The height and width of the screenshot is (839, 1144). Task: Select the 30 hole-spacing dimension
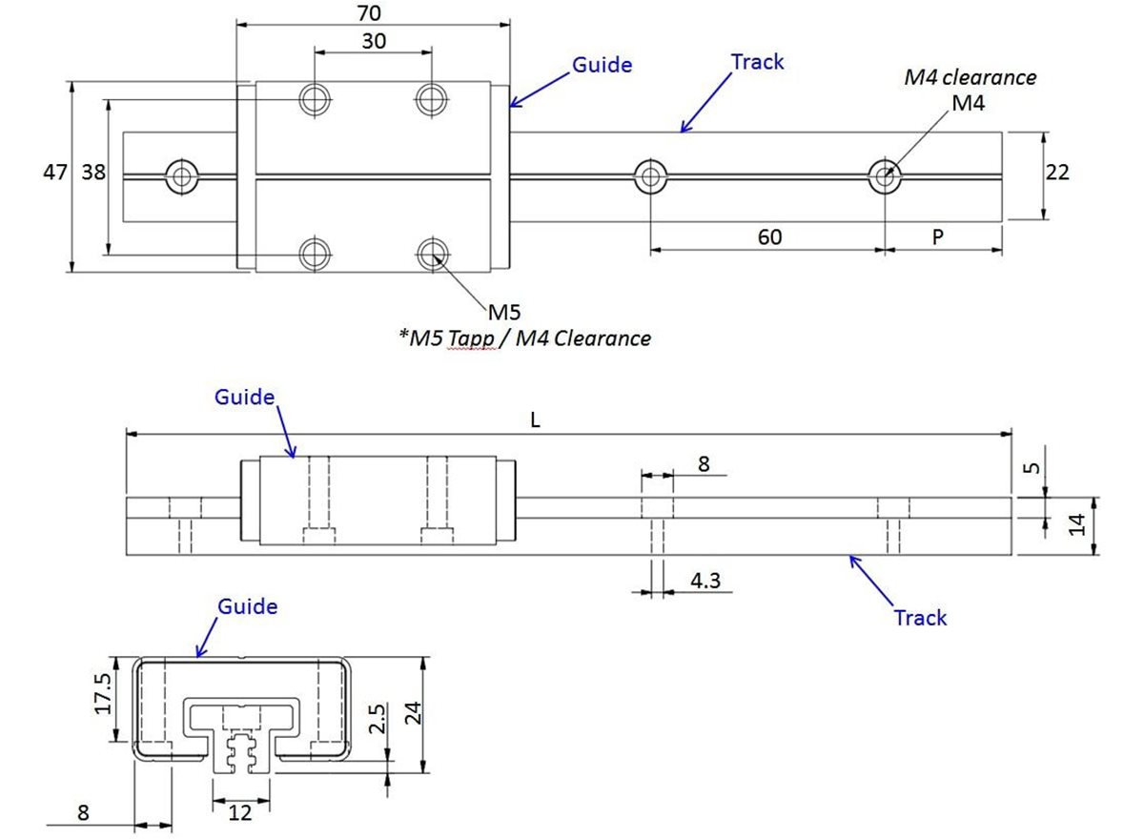coord(374,41)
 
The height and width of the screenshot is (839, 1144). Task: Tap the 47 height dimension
coord(55,173)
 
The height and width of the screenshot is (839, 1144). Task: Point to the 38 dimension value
coord(92,173)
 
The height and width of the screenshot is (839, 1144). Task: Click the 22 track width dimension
coord(1057,173)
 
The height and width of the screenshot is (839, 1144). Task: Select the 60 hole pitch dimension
coord(768,236)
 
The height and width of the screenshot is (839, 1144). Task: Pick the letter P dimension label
coord(938,236)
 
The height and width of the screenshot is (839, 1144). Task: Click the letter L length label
coord(536,420)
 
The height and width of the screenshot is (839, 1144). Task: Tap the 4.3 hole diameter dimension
coord(705,580)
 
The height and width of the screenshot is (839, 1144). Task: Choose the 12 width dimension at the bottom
coord(241,812)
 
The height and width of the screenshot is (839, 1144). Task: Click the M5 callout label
coord(504,312)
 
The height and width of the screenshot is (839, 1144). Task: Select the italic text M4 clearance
coord(970,78)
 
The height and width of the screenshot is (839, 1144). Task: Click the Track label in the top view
coord(757,63)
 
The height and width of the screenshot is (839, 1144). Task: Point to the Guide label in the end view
coord(248,606)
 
